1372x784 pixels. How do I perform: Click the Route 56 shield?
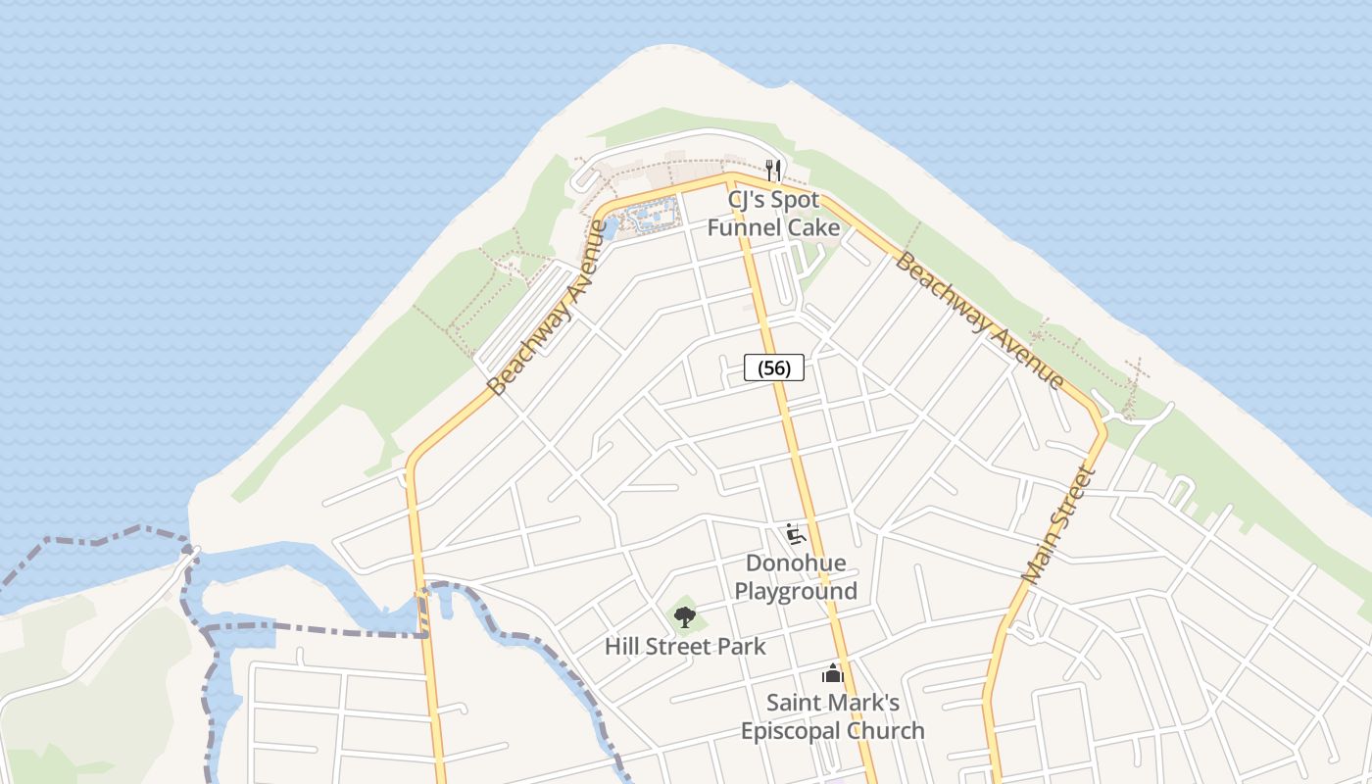click(x=774, y=367)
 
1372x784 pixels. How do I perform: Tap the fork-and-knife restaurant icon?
click(x=773, y=170)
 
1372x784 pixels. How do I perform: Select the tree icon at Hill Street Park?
click(x=685, y=616)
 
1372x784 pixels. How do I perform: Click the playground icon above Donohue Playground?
click(x=796, y=534)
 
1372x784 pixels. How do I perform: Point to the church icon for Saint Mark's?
click(x=832, y=674)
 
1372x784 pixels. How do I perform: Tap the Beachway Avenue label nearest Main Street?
click(x=979, y=320)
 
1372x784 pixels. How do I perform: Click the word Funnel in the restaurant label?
click(x=745, y=227)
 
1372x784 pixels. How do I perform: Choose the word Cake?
click(x=813, y=227)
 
